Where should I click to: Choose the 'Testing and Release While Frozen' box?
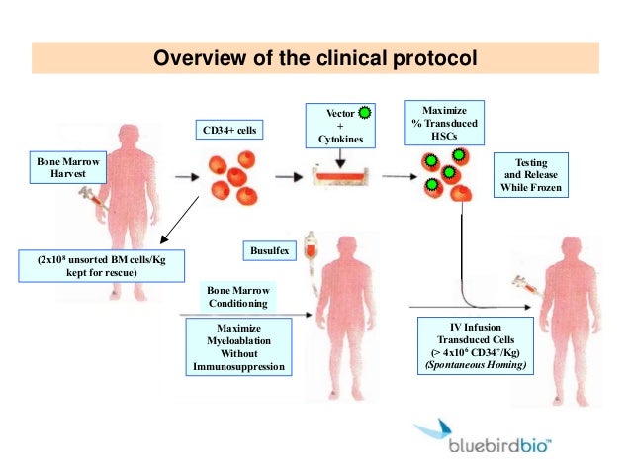pos(532,175)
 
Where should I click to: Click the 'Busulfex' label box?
pos(269,252)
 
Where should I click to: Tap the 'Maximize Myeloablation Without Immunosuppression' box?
pos(237,347)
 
